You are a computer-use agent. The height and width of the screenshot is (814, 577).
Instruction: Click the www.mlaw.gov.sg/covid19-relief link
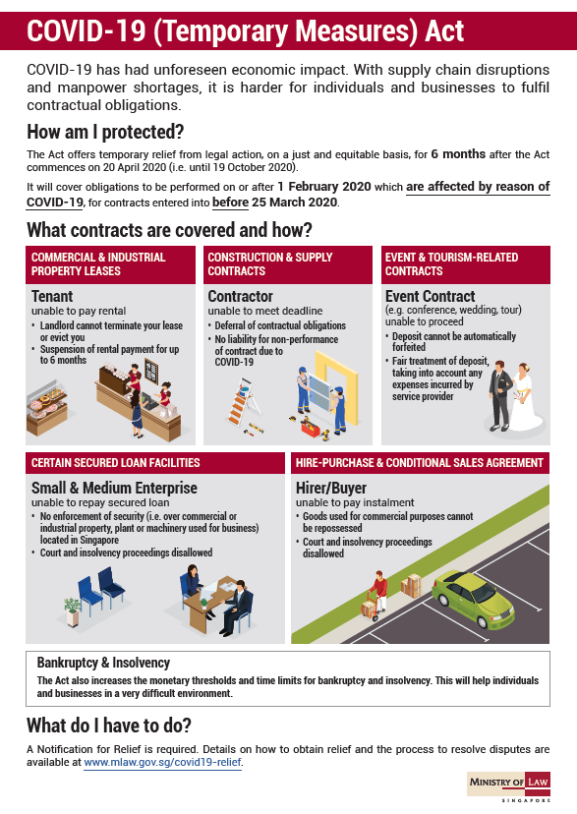pyautogui.click(x=162, y=762)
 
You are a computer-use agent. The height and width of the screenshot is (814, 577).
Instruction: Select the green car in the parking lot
pyautogui.click(x=473, y=600)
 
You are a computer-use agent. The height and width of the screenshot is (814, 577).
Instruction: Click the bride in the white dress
pyautogui.click(x=527, y=397)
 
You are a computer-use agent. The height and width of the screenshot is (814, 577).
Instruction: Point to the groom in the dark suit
pyautogui.click(x=500, y=395)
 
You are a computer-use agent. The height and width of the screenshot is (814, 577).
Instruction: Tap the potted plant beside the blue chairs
pyautogui.click(x=72, y=611)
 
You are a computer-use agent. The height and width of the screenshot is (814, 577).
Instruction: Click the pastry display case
pyautogui.click(x=47, y=408)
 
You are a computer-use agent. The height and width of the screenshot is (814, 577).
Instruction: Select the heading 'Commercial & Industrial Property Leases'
pyautogui.click(x=98, y=264)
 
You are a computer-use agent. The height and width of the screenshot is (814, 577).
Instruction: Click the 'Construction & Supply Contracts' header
pyautogui.click(x=269, y=264)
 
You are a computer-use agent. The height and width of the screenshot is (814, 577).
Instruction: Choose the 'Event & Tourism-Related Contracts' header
pyautogui.click(x=451, y=264)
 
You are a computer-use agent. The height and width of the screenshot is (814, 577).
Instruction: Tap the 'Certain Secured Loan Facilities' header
pyautogui.click(x=115, y=463)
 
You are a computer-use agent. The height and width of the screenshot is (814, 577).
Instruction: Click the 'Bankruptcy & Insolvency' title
pyautogui.click(x=103, y=663)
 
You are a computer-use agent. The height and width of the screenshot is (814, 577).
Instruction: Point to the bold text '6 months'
pyautogui.click(x=458, y=154)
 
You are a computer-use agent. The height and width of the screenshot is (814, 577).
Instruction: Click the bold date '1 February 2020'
pyautogui.click(x=324, y=187)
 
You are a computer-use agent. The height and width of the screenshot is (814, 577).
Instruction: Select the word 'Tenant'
pyautogui.click(x=52, y=297)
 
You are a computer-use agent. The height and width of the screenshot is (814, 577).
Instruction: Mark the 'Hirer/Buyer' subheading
pyautogui.click(x=331, y=488)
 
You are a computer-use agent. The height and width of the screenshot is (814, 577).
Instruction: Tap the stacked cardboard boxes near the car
pyautogui.click(x=411, y=586)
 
